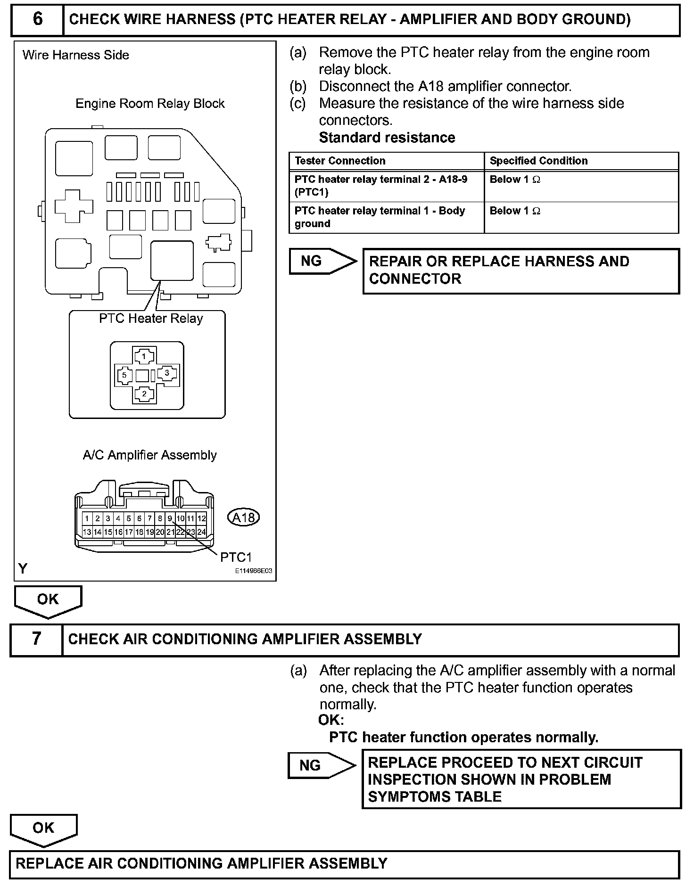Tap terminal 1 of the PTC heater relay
click(144, 356)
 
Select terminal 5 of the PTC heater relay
click(124, 375)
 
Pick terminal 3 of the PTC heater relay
click(166, 373)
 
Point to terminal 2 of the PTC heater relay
click(144, 394)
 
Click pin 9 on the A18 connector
click(170, 518)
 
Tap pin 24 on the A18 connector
click(201, 532)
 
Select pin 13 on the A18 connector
click(87, 532)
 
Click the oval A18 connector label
click(244, 517)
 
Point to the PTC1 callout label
click(236, 558)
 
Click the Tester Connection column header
click(340, 161)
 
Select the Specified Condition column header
click(538, 161)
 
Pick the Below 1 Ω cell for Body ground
click(515, 211)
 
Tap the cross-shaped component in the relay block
click(74, 205)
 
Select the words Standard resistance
click(387, 138)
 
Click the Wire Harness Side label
click(76, 55)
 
